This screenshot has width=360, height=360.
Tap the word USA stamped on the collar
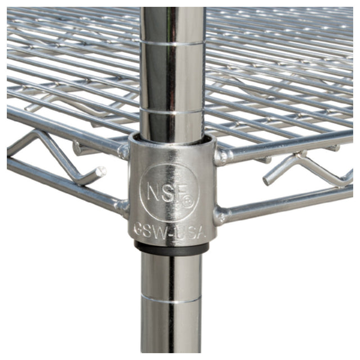(x=187, y=231)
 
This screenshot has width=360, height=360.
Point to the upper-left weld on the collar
(x=122, y=150)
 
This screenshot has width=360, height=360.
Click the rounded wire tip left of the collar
(x=101, y=170)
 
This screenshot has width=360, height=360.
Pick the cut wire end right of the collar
(x=267, y=181)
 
